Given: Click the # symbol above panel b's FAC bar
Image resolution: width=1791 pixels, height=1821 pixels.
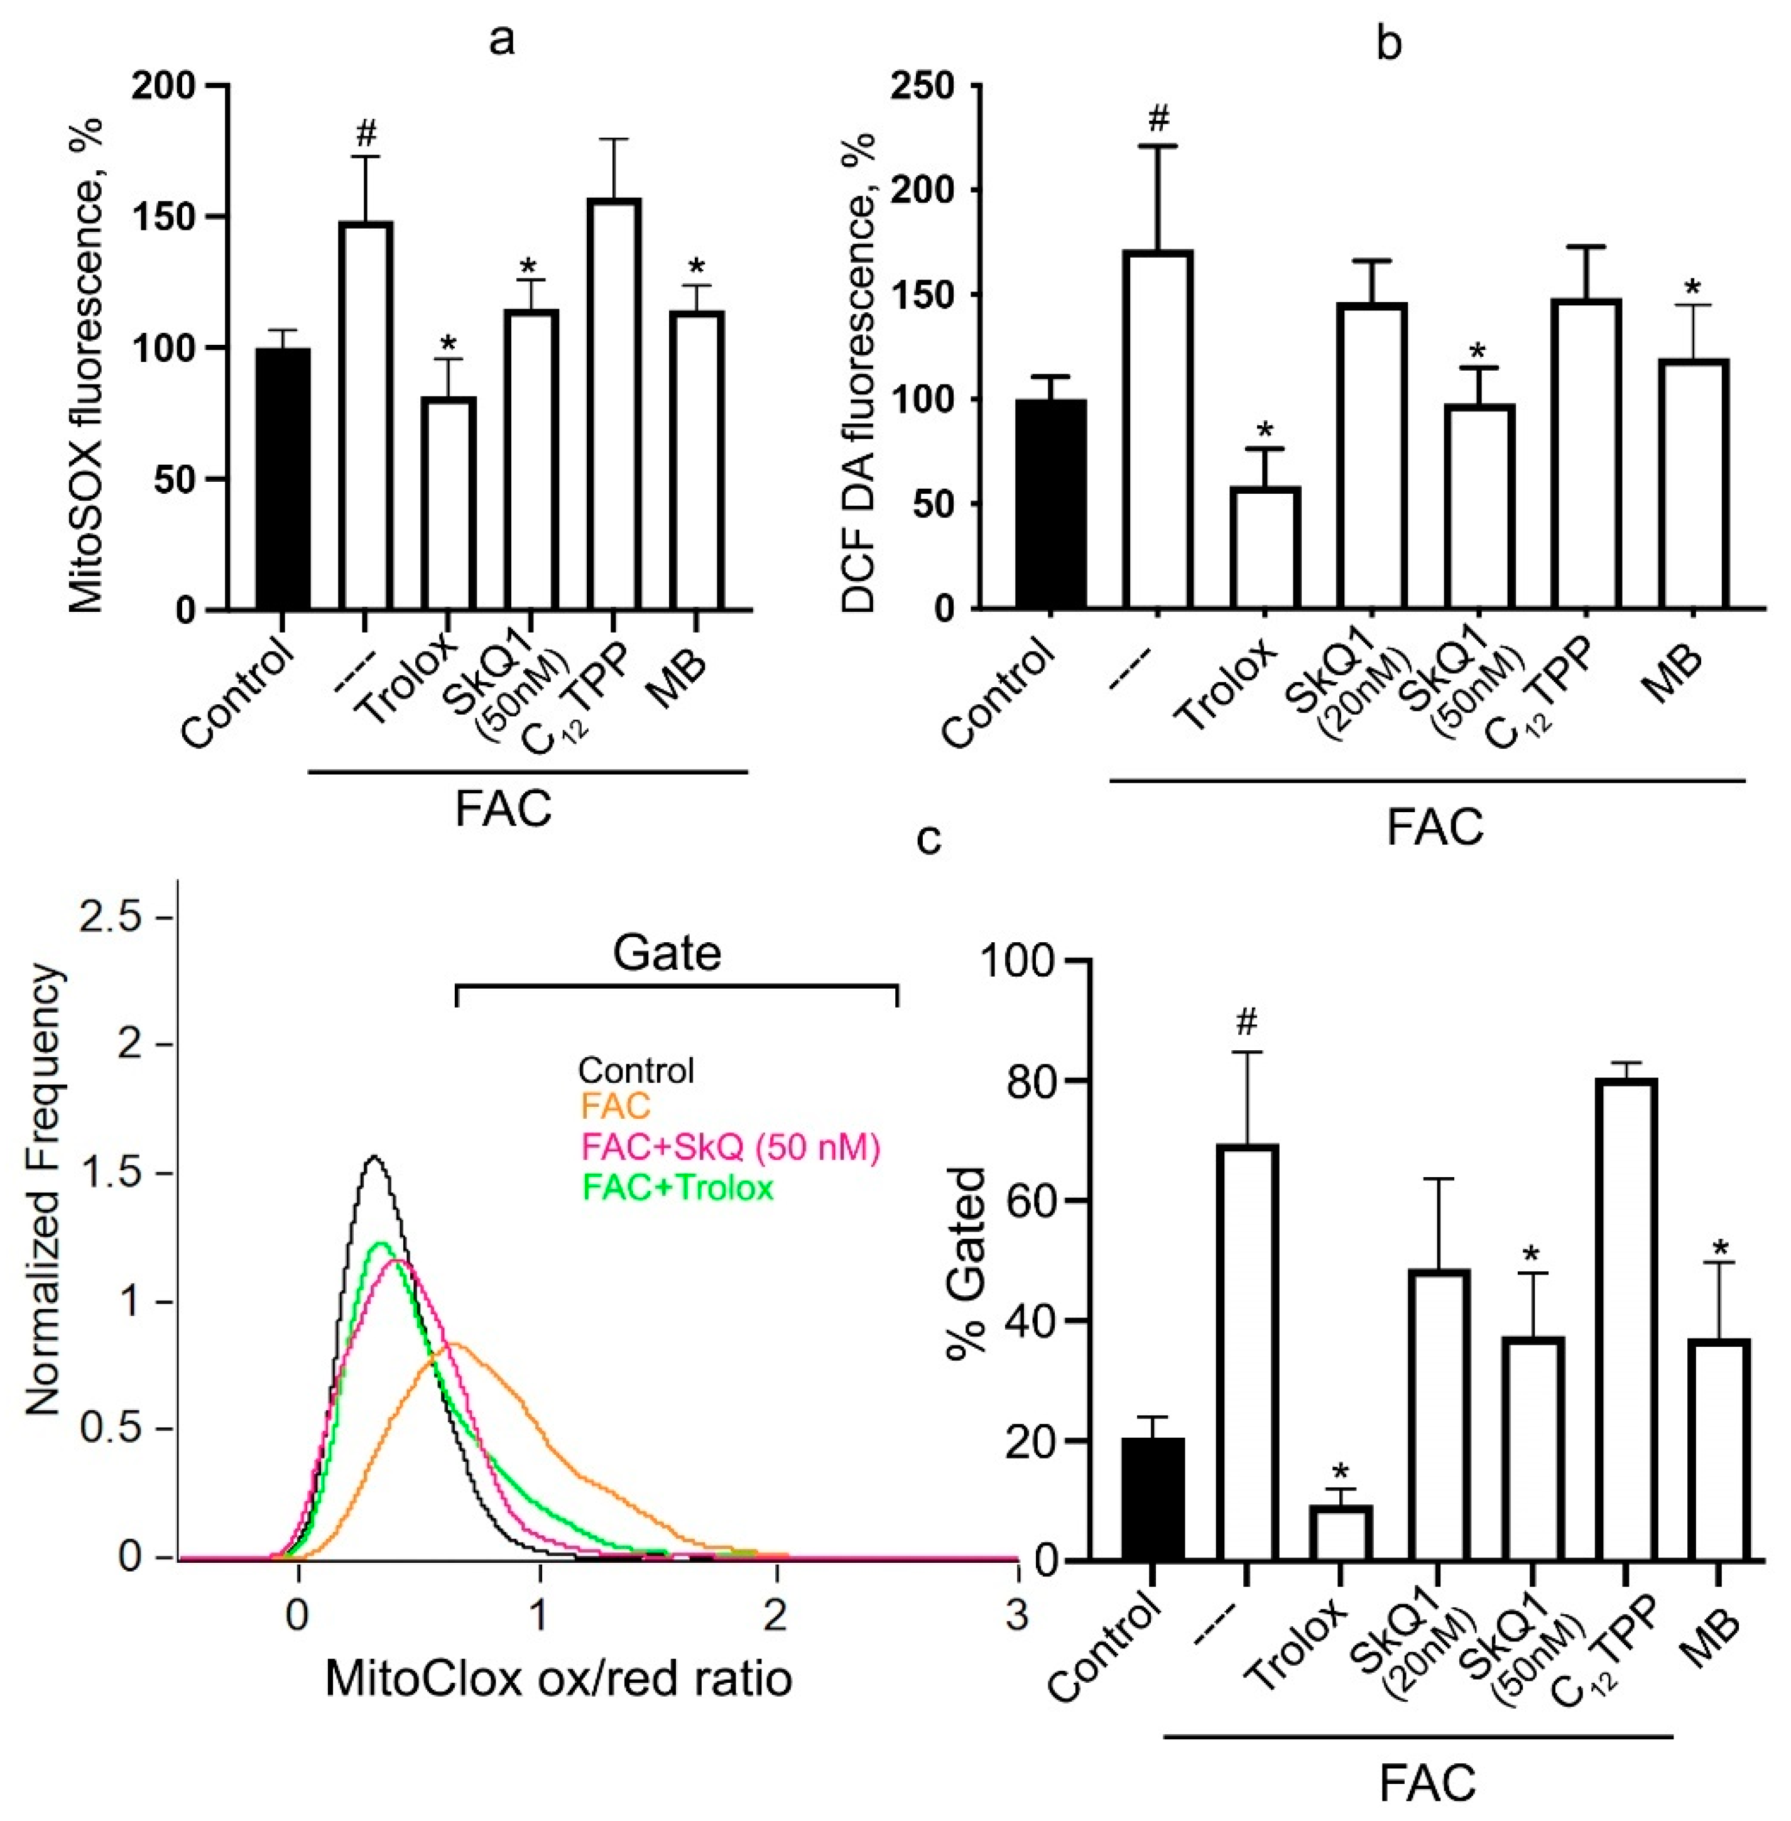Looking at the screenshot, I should pos(1159,119).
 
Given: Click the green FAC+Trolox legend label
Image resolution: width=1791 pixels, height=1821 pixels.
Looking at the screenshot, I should pos(677,1188).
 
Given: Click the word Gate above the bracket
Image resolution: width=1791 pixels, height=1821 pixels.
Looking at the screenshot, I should pos(667,954).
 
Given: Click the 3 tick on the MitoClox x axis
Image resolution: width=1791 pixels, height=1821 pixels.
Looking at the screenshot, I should pos(1016,1615).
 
